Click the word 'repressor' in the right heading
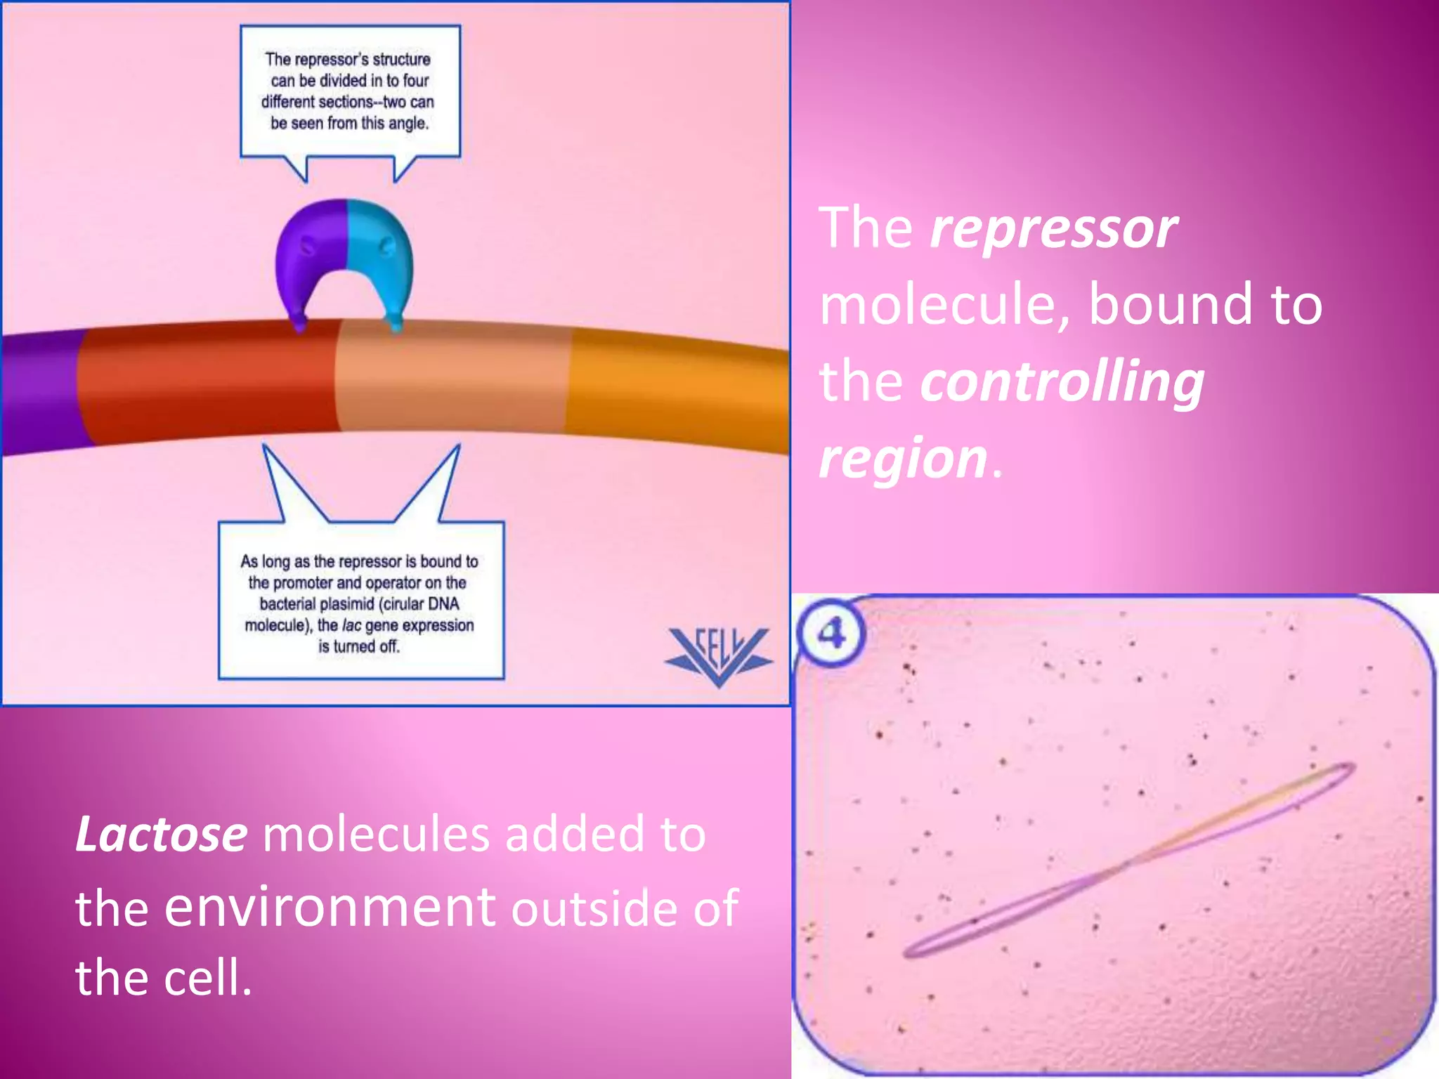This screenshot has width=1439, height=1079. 1053,229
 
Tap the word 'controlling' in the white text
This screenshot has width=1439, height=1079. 1062,381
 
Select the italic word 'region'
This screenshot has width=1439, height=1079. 904,458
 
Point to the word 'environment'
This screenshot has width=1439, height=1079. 330,907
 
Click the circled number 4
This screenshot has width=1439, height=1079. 832,633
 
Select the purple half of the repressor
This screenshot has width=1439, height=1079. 309,253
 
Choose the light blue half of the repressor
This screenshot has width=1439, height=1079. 379,253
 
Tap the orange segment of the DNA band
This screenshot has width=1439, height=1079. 675,386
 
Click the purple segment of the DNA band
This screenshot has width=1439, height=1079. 39,393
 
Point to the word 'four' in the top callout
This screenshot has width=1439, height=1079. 415,81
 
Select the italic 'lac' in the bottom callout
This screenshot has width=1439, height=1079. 351,625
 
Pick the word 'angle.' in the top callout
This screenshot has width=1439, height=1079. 408,124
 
